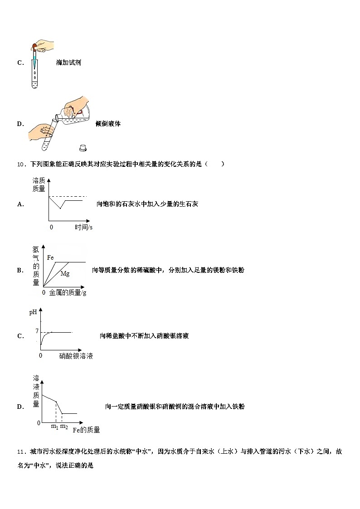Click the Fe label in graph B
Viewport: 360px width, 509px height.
(50, 257)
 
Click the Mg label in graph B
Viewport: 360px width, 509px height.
(65, 274)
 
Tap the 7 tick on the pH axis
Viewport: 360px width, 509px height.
(37, 331)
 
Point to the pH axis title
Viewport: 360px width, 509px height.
(33, 312)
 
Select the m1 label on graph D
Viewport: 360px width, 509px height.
(54, 427)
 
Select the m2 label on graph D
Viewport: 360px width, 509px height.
(64, 427)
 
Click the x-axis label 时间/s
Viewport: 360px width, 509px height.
(83, 227)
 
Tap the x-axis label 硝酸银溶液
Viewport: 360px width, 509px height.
(76, 356)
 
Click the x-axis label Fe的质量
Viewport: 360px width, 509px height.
(86, 430)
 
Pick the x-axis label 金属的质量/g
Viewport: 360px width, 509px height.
(68, 293)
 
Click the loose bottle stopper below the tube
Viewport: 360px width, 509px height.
(83, 148)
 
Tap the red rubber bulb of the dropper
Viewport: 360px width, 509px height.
(35, 48)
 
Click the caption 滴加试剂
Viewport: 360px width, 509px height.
(68, 63)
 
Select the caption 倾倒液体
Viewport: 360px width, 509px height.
(108, 124)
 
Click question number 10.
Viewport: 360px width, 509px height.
(22, 164)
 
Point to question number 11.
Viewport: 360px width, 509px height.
(22, 451)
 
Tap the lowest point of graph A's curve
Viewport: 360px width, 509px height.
(60, 208)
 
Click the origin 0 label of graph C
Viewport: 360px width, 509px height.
(40, 355)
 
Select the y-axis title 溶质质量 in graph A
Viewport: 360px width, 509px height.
(39, 184)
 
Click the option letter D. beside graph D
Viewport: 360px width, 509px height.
(20, 407)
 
